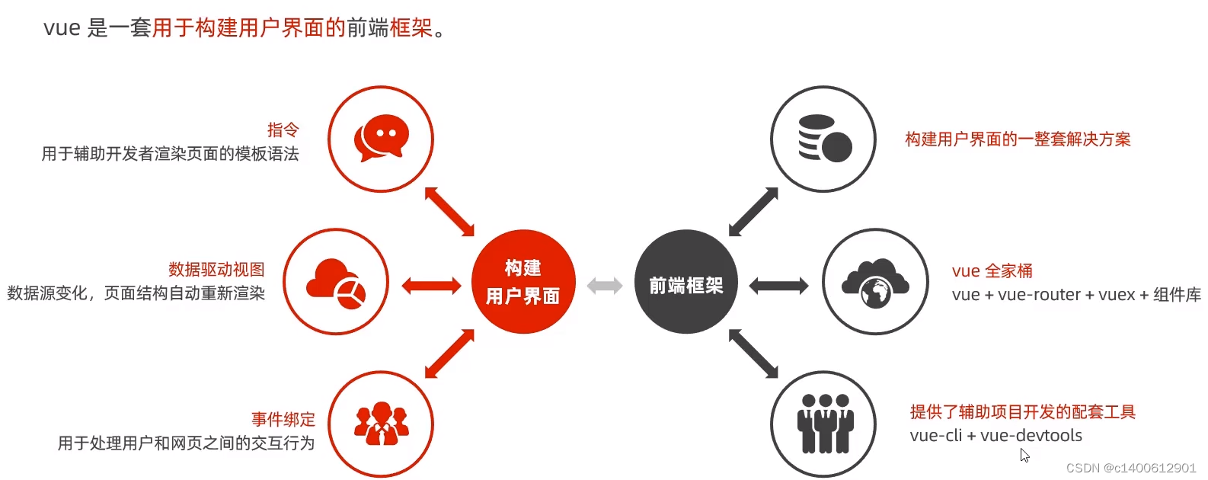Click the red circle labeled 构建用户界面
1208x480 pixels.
coord(523,282)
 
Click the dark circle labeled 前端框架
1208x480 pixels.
coord(685,282)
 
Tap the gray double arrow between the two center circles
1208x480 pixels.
coord(605,286)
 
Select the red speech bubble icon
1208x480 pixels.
coord(381,138)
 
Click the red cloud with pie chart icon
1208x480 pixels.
coord(336,282)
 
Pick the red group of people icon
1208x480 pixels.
coord(381,424)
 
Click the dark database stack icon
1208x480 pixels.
coord(824,138)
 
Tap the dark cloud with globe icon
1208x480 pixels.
coord(875,282)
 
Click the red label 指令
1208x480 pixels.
coord(283,130)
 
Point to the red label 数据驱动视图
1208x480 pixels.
coord(216,269)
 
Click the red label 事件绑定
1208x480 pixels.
coord(283,419)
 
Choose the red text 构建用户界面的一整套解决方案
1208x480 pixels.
coord(1018,139)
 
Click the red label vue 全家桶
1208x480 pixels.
coord(992,270)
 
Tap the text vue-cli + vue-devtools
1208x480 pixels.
coord(995,435)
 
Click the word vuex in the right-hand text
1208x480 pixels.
coord(1116,295)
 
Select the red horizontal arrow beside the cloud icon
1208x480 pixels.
coord(431,286)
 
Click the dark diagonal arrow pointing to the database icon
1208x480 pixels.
coord(753,212)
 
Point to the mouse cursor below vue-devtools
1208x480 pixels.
coord(1024,455)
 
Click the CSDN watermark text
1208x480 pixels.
coord(1130,468)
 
